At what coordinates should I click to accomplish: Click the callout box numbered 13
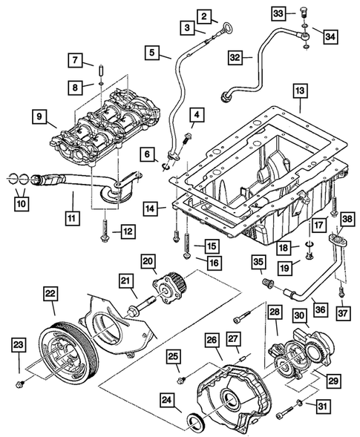click(x=300, y=91)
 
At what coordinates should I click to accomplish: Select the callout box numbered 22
click(x=51, y=295)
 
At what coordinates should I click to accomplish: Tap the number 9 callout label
click(x=38, y=116)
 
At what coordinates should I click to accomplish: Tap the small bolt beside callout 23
click(x=22, y=384)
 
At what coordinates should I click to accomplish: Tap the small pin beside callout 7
click(x=99, y=71)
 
